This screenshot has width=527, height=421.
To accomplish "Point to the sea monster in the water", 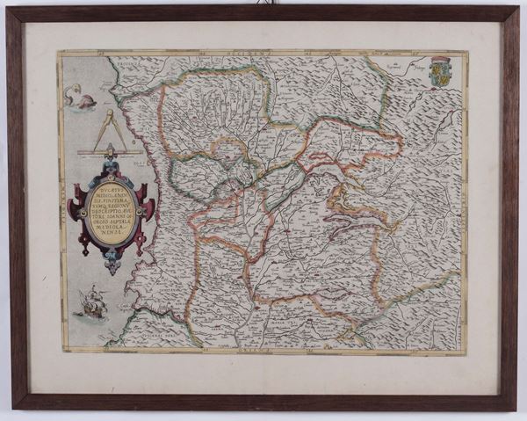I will pos(80,98).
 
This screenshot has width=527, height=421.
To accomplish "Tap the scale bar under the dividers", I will pos(111,153).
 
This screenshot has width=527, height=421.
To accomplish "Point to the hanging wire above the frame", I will pos(263,4).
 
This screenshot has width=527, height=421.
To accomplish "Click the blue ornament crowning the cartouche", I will pos(112,163).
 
